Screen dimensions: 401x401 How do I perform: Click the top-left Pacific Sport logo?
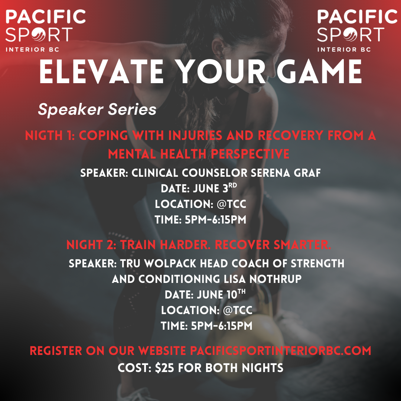(46, 31)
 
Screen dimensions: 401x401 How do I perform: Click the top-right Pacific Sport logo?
(357, 31)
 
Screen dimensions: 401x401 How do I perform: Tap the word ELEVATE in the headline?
(101, 71)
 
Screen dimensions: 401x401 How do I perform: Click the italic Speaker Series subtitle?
(97, 110)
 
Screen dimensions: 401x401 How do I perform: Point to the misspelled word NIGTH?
(44, 136)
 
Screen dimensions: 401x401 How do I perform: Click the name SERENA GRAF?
(286, 173)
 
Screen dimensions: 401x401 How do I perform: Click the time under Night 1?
(215, 220)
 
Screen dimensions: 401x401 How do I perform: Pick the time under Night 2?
(221, 326)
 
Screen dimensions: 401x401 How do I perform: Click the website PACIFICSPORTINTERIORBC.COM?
(281, 351)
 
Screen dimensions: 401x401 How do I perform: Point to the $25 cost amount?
(164, 368)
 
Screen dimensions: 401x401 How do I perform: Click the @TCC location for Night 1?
(231, 204)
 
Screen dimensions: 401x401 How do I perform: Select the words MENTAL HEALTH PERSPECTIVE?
(199, 154)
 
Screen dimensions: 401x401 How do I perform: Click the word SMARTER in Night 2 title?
(302, 245)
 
